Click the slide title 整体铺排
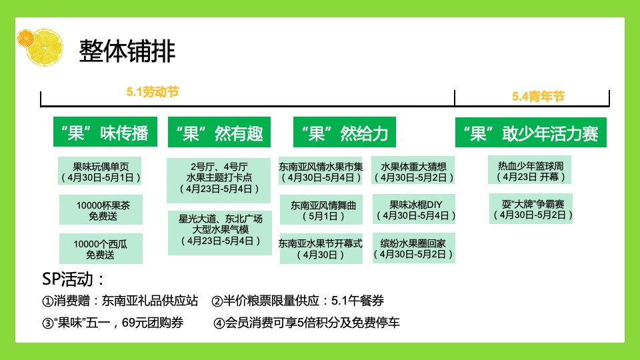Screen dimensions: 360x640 pyautogui.click(x=127, y=51)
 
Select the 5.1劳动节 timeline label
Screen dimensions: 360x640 pyautogui.click(x=153, y=92)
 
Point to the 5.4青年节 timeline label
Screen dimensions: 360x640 pyautogui.click(x=538, y=97)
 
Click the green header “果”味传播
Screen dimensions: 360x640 pyautogui.click(x=100, y=133)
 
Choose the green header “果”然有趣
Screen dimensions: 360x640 pyautogui.click(x=215, y=133)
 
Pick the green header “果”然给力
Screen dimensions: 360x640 pyautogui.click(x=344, y=133)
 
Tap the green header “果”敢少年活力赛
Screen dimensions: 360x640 pyautogui.click(x=531, y=133)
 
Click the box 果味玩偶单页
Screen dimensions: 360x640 pyautogui.click(x=101, y=172)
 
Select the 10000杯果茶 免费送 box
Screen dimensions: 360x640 pyautogui.click(x=101, y=210)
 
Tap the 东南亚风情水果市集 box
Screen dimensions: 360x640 pyautogui.click(x=321, y=171)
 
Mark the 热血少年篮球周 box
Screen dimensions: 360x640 pyautogui.click(x=531, y=171)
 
